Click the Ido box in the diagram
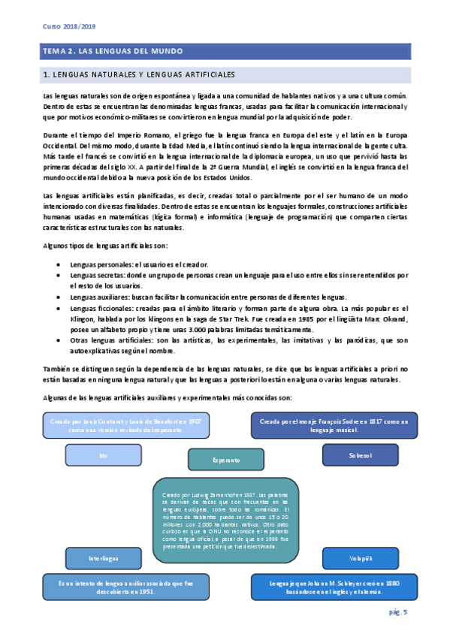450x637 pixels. [x=104, y=456]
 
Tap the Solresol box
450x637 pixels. [x=360, y=455]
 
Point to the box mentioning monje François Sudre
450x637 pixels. [x=334, y=425]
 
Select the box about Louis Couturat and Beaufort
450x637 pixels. [x=125, y=425]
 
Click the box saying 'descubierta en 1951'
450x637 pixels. [x=125, y=587]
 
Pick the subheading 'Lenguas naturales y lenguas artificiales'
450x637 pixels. [x=140, y=75]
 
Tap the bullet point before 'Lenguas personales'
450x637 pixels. [x=59, y=265]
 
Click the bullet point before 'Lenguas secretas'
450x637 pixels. [x=59, y=276]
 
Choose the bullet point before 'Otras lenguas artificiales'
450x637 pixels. [x=59, y=341]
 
